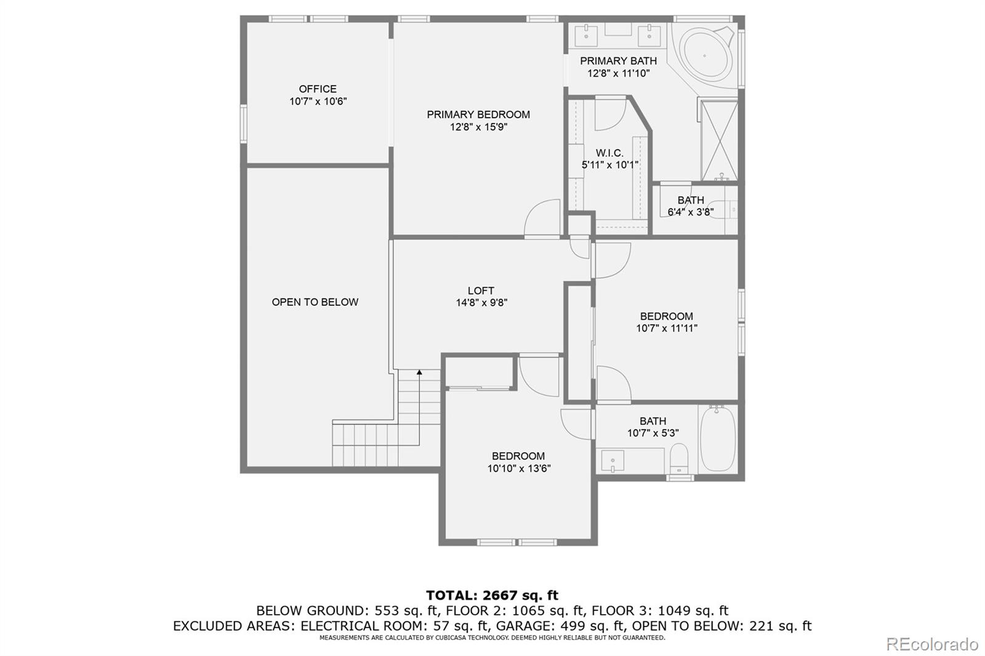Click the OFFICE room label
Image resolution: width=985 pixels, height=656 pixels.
point(318,89)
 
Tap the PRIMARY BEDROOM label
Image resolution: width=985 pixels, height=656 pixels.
point(478,114)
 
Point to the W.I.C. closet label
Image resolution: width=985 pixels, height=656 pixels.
point(609,153)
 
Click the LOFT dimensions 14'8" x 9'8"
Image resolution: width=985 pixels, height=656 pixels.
point(481,303)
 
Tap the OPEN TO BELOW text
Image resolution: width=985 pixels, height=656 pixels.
point(315,302)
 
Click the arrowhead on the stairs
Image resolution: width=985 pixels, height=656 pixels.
point(419,372)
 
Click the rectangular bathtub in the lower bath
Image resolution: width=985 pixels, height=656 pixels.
point(718,438)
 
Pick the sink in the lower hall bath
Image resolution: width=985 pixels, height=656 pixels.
point(613,460)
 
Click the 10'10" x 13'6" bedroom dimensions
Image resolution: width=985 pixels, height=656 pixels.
point(519,468)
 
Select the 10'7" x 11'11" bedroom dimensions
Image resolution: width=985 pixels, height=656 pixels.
point(667,329)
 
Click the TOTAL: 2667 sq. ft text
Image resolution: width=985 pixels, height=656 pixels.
point(492,595)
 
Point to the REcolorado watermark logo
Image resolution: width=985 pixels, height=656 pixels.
point(932,644)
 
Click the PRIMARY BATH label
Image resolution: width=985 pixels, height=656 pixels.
point(618,61)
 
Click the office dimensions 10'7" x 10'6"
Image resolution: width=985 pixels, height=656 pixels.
point(318,102)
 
